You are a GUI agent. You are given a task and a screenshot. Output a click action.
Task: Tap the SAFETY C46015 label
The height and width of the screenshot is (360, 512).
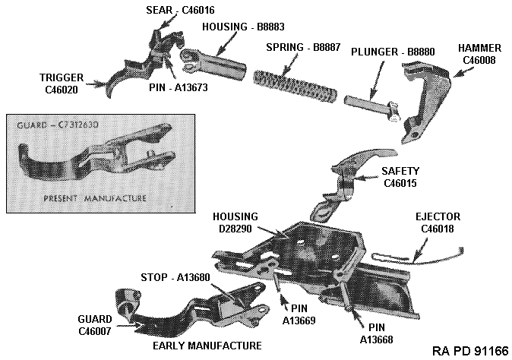coord(400,177)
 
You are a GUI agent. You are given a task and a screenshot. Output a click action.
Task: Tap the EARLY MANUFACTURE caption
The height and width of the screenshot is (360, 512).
coord(207,345)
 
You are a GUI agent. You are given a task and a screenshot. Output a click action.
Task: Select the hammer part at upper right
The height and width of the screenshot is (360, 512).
coord(422,99)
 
